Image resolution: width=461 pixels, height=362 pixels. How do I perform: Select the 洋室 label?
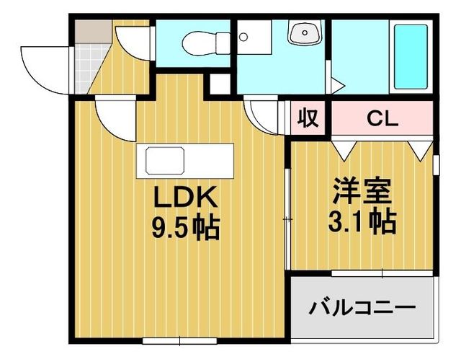click(x=362, y=191)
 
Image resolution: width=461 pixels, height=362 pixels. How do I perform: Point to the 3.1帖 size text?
click(x=363, y=221)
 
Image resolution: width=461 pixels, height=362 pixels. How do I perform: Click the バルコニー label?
click(x=363, y=308)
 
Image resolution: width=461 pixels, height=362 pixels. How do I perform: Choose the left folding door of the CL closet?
click(x=344, y=148)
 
